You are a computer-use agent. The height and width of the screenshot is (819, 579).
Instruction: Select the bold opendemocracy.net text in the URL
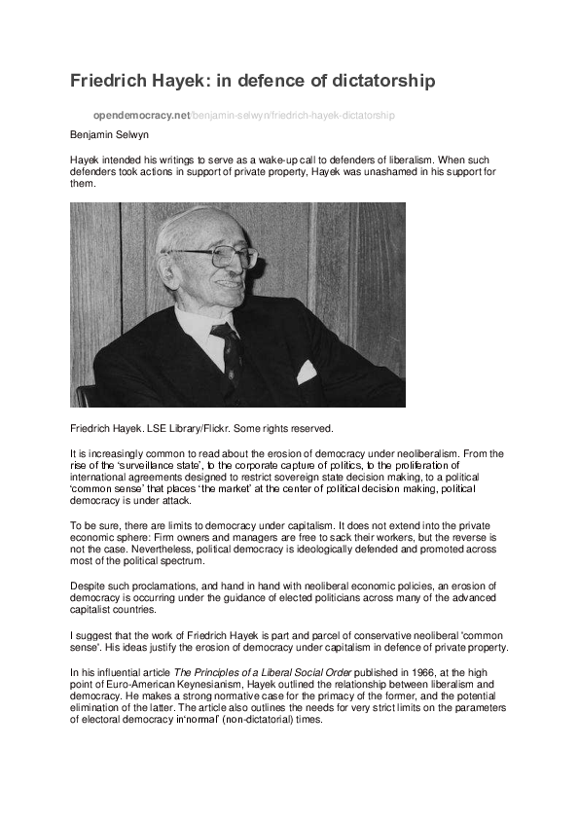tap(142, 115)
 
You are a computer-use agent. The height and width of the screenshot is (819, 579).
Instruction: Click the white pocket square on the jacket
tap(307, 372)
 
